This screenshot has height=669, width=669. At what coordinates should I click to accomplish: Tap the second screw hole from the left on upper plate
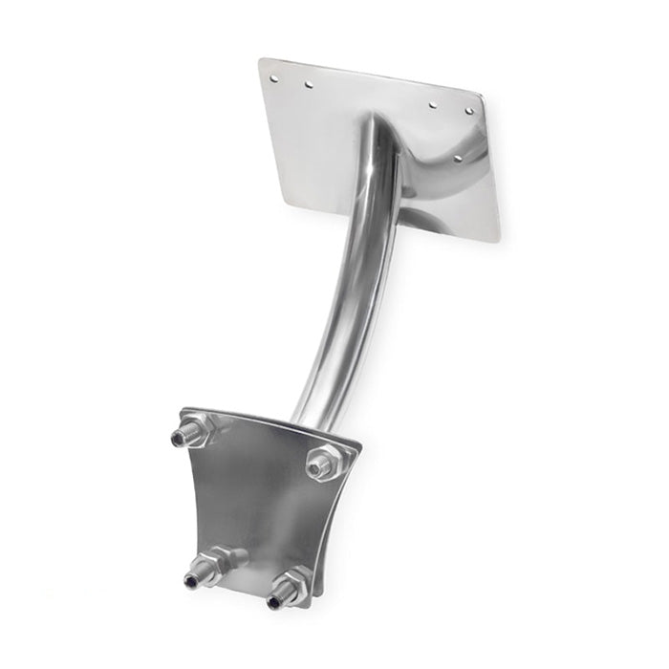(308, 84)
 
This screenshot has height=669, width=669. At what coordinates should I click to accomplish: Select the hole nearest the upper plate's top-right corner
(469, 112)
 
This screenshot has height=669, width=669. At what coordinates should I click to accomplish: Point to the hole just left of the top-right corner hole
(433, 103)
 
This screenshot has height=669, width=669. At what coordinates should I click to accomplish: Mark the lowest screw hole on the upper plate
(457, 158)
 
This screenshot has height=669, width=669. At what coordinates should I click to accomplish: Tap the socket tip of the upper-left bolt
(178, 439)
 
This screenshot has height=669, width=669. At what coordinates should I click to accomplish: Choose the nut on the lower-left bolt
(212, 566)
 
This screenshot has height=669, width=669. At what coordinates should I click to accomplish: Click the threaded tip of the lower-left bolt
(191, 580)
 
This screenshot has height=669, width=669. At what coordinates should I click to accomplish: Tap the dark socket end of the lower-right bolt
(275, 602)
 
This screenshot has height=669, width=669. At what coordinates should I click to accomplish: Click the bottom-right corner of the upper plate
(495, 239)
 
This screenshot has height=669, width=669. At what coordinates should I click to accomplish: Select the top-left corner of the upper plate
(261, 59)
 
